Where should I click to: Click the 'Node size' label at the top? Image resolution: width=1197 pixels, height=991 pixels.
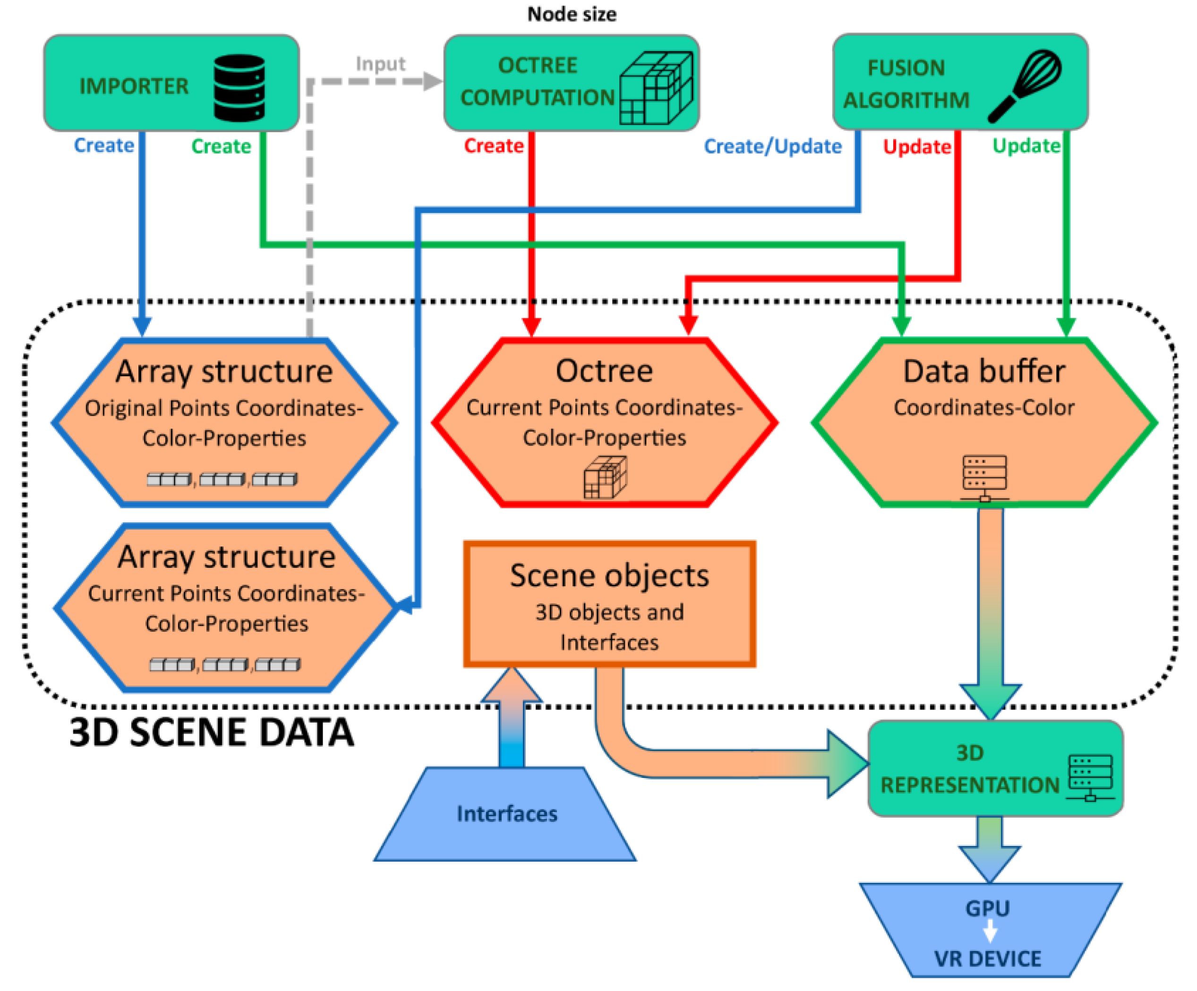572,14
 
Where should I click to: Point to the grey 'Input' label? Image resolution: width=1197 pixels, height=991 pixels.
380,63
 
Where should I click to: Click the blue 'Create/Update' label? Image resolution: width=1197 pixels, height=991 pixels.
772,146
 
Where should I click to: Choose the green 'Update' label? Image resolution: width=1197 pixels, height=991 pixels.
1026,145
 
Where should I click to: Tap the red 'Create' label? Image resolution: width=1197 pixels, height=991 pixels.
494,145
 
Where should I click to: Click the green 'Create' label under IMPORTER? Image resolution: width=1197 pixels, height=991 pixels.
221,146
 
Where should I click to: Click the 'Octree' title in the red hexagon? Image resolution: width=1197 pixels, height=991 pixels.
604,371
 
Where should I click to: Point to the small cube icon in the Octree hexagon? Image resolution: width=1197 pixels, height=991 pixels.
605,478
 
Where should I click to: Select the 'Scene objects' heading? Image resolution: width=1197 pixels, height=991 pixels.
609,576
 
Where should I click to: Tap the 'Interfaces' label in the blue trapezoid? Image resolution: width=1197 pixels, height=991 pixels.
507,813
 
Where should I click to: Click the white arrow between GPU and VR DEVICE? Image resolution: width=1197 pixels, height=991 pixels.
990,932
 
